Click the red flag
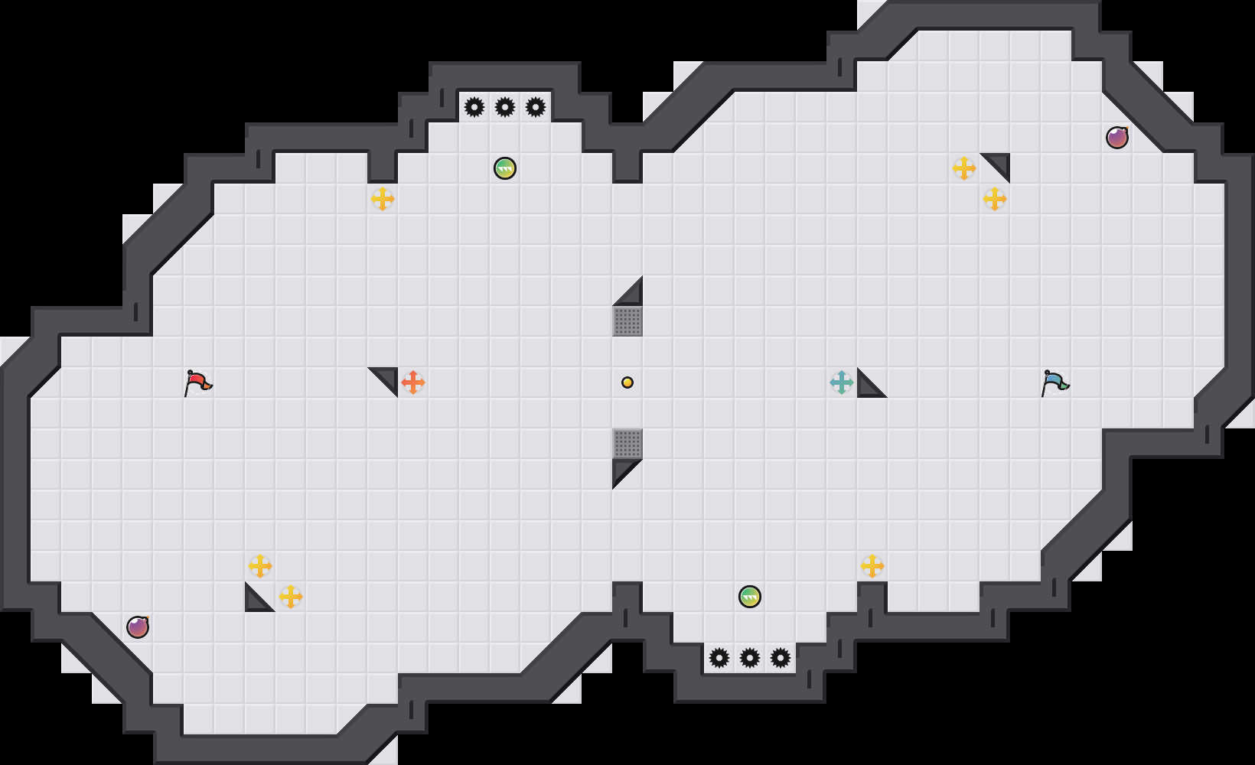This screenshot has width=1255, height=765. pyautogui.click(x=197, y=382)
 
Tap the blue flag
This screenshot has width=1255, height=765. pyautogui.click(x=1055, y=382)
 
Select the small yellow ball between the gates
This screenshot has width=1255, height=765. pyautogui.click(x=627, y=382)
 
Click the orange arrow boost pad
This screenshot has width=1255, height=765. pyautogui.click(x=413, y=382)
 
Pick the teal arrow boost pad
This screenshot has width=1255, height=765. pyautogui.click(x=842, y=382)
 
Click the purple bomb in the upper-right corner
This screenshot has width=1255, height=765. pyautogui.click(x=1117, y=138)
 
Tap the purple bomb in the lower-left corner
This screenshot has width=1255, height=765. pyautogui.click(x=138, y=627)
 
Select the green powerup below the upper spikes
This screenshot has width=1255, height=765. pyautogui.click(x=505, y=168)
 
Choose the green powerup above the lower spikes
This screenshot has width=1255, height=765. pyautogui.click(x=750, y=597)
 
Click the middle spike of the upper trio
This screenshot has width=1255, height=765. pyautogui.click(x=505, y=107)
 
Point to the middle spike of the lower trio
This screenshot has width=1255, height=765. pyautogui.click(x=750, y=658)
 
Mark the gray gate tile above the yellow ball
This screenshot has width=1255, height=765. pyautogui.click(x=627, y=321)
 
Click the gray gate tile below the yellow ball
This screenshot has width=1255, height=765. pyautogui.click(x=627, y=444)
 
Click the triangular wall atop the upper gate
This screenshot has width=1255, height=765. pyautogui.click(x=633, y=296)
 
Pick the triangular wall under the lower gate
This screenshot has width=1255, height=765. pyautogui.click(x=621, y=469)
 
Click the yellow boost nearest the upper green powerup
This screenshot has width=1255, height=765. pyautogui.click(x=383, y=199)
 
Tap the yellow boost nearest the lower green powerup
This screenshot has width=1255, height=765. pyautogui.click(x=872, y=566)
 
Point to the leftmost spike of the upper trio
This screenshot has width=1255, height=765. pyautogui.click(x=474, y=107)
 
